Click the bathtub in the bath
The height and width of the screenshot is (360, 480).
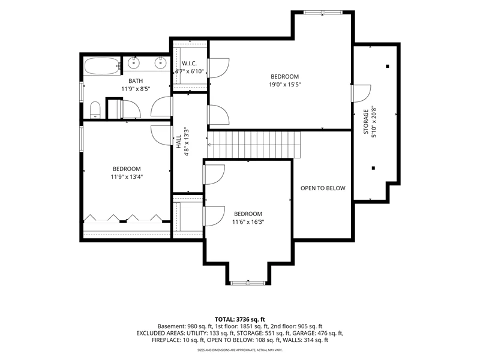coord(102,66)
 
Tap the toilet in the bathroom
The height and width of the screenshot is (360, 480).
coord(95,110)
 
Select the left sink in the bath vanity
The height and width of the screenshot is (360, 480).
coord(133,63)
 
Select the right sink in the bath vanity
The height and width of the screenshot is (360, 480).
coord(160,63)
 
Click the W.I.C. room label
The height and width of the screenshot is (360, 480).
coord(189,64)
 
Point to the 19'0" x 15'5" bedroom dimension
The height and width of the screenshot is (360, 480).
coord(284,85)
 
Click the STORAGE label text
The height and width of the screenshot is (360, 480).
coord(366,122)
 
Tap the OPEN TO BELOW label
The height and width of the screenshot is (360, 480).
coord(323,188)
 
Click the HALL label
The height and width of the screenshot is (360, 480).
coord(179,142)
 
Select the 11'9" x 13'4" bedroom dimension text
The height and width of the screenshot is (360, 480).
coord(127,176)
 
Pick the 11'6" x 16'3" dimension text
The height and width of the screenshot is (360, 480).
coord(248,221)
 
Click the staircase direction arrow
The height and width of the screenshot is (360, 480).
coord(210,145)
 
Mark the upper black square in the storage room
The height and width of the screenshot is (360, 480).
coord(388,66)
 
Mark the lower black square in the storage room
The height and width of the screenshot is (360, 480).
coord(373,168)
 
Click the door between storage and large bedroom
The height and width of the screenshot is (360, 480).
coord(361,93)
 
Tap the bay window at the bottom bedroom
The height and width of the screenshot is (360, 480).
coord(248,283)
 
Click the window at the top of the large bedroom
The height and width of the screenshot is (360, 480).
coord(323,13)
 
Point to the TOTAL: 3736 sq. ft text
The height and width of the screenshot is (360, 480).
coord(240,320)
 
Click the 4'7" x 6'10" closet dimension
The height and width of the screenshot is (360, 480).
coord(189,71)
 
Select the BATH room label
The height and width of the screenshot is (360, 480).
coord(136,81)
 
